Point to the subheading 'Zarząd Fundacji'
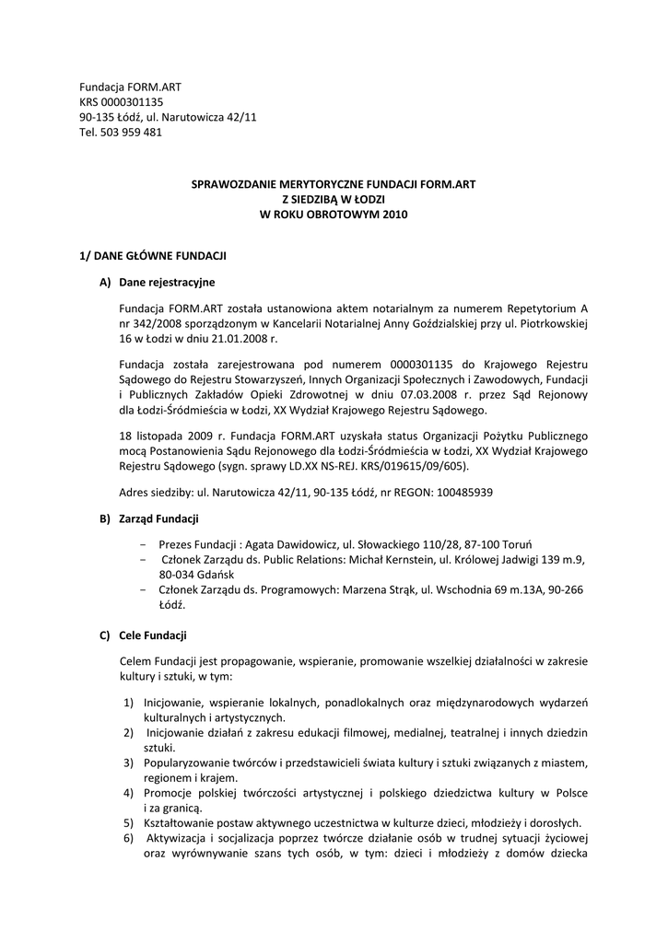(x=158, y=518)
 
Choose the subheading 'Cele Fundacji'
(x=153, y=635)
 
